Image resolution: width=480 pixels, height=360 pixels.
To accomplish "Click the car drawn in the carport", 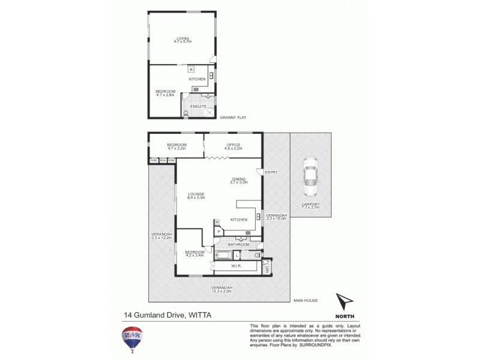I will point(311,178).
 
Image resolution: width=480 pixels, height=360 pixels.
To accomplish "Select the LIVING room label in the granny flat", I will point(182,39).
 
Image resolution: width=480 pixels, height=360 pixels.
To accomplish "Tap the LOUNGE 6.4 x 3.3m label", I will point(196,196).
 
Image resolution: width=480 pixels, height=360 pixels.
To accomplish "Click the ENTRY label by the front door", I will point(271,173).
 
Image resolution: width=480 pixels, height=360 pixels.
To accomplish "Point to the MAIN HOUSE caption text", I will point(305,300).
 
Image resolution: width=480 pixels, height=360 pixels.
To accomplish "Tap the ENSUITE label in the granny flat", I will point(199,106).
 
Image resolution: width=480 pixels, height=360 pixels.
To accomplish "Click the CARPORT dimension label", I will point(311,206).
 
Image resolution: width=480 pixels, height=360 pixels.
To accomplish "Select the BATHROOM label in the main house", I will point(238,244).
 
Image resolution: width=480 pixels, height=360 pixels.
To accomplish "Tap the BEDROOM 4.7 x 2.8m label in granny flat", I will point(165,92).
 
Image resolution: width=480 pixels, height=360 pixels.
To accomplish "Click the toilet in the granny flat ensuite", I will point(187,112).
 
